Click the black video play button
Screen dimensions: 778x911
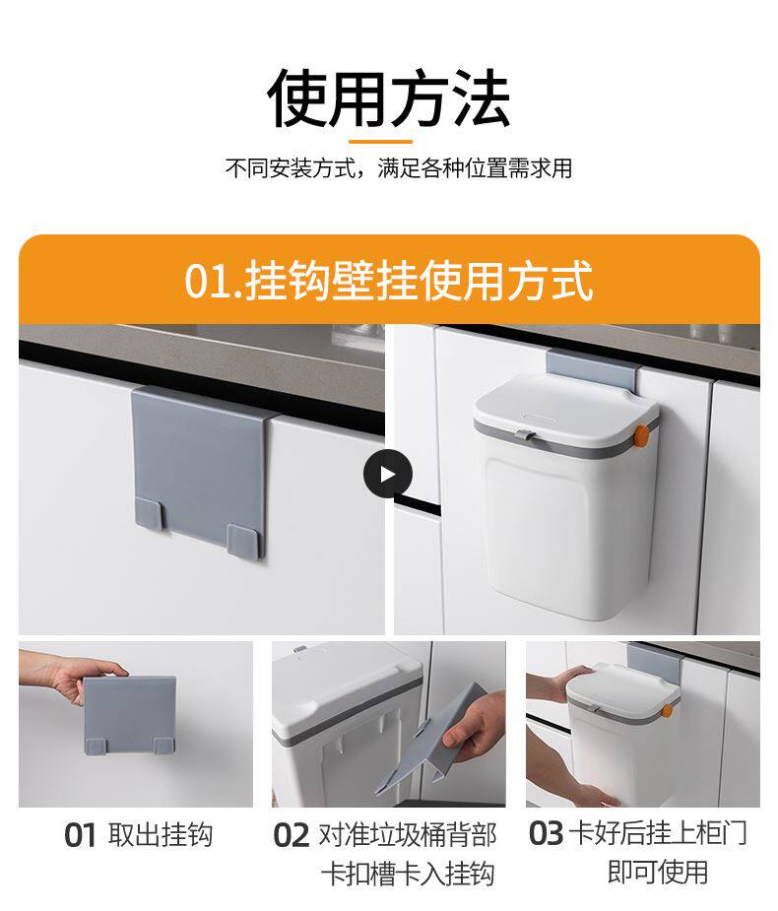(388, 474)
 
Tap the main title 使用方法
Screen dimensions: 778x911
(389, 98)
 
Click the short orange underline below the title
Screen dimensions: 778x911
(380, 141)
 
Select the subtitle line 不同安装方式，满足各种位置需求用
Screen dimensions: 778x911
(399, 168)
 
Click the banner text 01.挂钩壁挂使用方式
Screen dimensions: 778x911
(389, 281)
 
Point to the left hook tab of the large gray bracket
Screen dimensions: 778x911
(150, 512)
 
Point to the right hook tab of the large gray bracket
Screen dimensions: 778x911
(240, 541)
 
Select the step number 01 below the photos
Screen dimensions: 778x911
(80, 835)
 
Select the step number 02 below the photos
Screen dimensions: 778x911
(292, 835)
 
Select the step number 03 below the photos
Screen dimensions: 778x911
(546, 833)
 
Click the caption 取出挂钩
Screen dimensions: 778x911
(161, 835)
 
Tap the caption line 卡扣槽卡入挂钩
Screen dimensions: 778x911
(408, 874)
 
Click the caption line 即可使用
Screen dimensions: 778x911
(658, 872)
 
